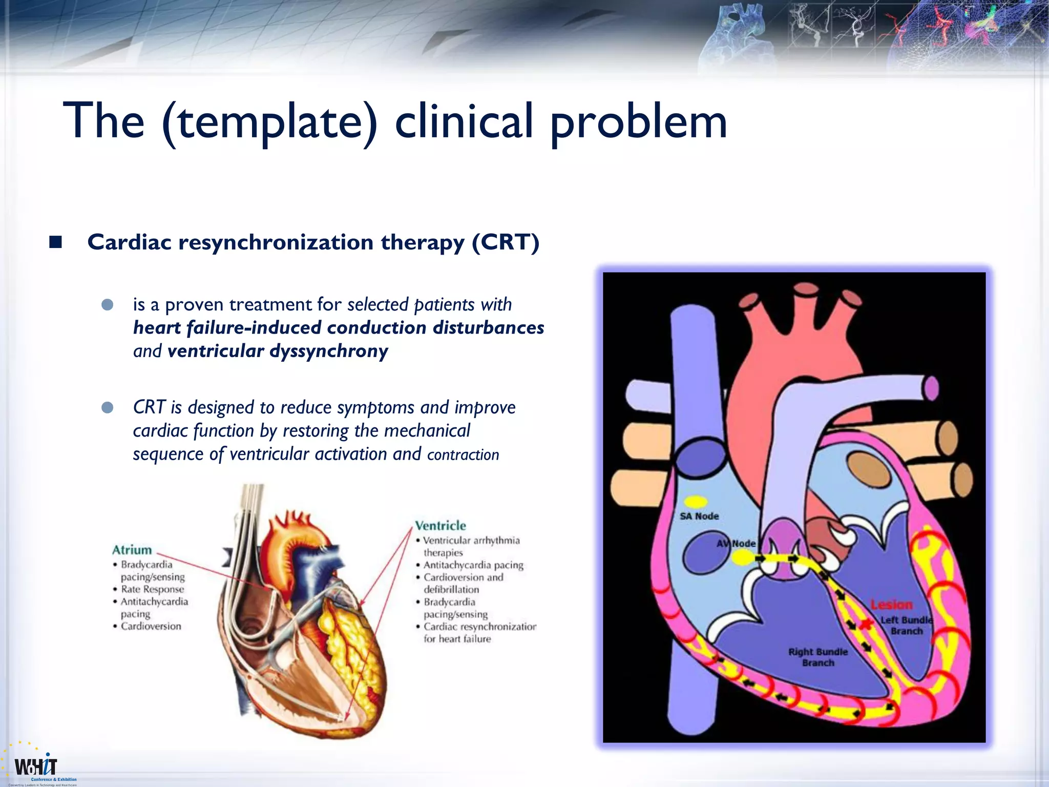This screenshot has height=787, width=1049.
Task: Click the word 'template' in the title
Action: [x=269, y=122]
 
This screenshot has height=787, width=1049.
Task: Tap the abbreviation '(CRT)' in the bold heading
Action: [x=505, y=242]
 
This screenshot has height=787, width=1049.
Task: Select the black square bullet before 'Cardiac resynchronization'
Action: [x=55, y=242]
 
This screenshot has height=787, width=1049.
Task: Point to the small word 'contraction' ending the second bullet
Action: [x=463, y=455]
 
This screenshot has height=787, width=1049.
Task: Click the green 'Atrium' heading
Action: [x=132, y=550]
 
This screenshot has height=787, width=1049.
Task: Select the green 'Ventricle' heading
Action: [x=440, y=526]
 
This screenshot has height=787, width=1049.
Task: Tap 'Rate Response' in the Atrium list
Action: [x=152, y=589]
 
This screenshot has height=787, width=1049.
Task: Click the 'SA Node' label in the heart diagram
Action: [x=699, y=516]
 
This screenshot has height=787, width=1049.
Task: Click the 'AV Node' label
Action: [x=736, y=543]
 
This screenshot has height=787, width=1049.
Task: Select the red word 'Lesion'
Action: [x=892, y=605]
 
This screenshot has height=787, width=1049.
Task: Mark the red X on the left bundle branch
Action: [x=866, y=624]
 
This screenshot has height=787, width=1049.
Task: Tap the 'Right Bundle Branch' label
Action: [x=817, y=657]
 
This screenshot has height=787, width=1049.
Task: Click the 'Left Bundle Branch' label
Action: [x=906, y=626]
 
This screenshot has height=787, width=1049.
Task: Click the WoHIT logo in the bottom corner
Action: [x=36, y=767]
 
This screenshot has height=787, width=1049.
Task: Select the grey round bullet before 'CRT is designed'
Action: [x=108, y=408]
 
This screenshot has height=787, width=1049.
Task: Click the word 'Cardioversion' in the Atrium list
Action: [x=151, y=626]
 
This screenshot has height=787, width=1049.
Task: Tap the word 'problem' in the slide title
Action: [x=638, y=122]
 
